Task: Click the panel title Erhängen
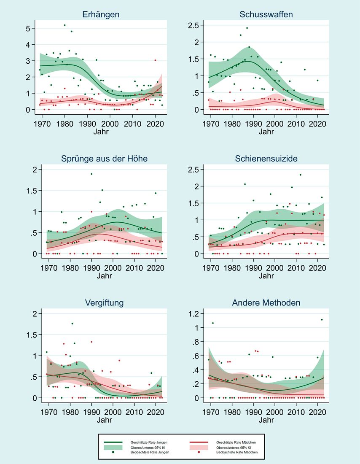coord(101,14)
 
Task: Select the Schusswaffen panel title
coord(266,14)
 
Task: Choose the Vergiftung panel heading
coord(101,303)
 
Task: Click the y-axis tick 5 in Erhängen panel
coord(32,28)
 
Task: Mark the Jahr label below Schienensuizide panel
coord(266,276)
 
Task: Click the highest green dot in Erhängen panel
coord(64,25)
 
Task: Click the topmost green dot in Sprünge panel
coord(91,174)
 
